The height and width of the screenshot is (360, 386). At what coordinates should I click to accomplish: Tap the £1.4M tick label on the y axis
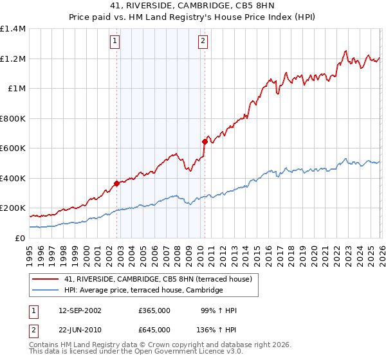[13, 29]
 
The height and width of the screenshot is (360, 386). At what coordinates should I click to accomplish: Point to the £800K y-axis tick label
[13, 118]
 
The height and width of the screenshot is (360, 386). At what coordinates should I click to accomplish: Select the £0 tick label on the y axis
[19, 238]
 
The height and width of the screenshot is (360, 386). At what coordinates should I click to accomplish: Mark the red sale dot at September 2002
[116, 183]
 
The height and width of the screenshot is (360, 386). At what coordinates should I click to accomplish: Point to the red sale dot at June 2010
[205, 141]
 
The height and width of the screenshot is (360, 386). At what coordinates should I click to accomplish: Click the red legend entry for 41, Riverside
[161, 279]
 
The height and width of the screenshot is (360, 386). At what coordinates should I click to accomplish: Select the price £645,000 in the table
[154, 329]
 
